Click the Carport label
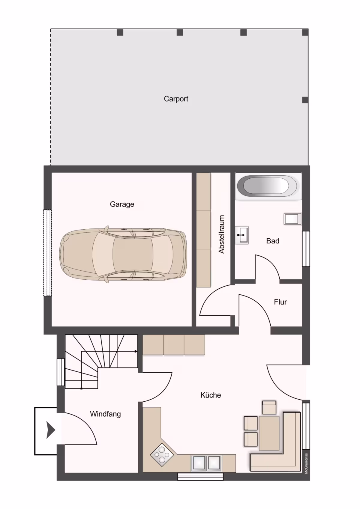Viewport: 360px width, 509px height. coord(176,99)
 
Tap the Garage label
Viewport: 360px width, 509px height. coord(122,204)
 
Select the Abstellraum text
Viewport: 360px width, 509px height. coord(221,234)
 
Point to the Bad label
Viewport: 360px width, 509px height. coord(273,241)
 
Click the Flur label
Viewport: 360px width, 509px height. coord(280,302)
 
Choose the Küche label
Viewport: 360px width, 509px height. coord(211,395)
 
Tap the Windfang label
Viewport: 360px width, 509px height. coord(105,414)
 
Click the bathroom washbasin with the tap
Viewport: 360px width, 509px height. coord(241,235)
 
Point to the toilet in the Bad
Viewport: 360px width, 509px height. coord(292,219)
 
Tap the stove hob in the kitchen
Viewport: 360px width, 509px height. coord(162,455)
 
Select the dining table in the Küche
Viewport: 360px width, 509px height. coord(269,433)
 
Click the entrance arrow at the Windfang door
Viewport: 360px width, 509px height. coord(51,430)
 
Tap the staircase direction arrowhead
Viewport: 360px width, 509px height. coord(136,352)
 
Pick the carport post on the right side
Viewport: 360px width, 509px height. coord(305,100)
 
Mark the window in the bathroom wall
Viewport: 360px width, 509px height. coord(306,249)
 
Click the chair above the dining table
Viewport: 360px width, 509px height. coord(269,407)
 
